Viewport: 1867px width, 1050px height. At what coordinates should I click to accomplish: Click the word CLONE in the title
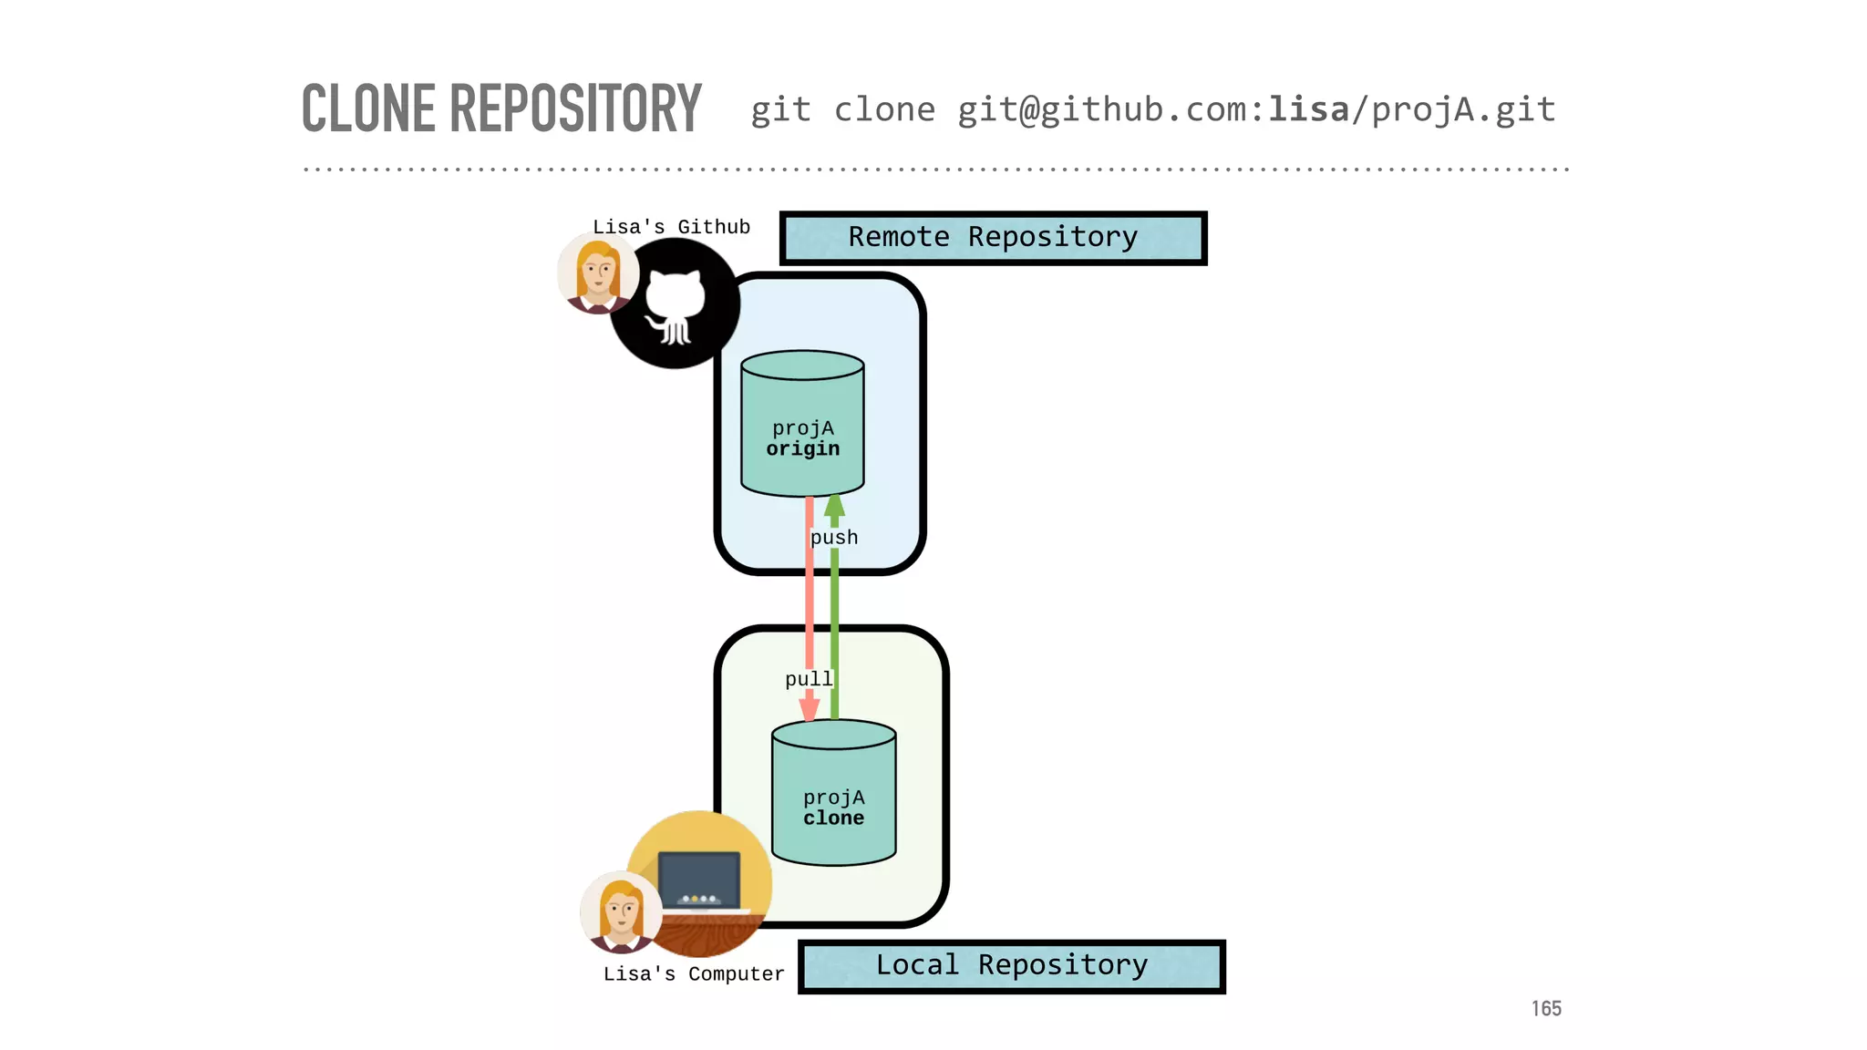[368, 108]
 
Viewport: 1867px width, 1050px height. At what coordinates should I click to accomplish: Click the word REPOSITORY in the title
[575, 108]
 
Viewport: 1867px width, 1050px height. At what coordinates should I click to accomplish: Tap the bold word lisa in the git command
[1309, 110]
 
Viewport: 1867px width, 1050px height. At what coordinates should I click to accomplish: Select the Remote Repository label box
[993, 238]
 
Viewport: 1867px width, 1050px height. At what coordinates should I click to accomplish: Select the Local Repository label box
[1011, 966]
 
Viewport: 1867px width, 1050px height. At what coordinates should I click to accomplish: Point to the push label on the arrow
[834, 538]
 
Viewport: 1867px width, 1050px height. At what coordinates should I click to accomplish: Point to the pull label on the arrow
[809, 679]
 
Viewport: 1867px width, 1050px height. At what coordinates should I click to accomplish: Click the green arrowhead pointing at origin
[834, 506]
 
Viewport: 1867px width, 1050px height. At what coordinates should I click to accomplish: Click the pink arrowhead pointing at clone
[810, 709]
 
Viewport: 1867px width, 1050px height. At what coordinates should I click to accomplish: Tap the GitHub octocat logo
[675, 305]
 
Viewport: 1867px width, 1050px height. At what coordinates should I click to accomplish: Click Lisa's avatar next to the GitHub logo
[597, 273]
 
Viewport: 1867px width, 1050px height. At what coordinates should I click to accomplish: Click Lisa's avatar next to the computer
[621, 912]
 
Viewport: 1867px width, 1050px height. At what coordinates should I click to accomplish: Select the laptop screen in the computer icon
[699, 878]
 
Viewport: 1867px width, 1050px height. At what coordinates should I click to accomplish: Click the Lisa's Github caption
[671, 227]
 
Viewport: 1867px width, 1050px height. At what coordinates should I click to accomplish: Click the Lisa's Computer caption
[693, 974]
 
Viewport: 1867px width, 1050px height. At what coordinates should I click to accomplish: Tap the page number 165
[1546, 1008]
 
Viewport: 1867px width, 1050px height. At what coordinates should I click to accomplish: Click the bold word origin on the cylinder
[802, 449]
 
